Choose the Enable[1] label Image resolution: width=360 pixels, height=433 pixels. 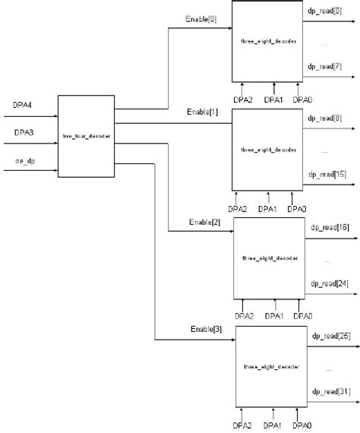click(202, 112)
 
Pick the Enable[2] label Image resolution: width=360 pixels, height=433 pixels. click(205, 223)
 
